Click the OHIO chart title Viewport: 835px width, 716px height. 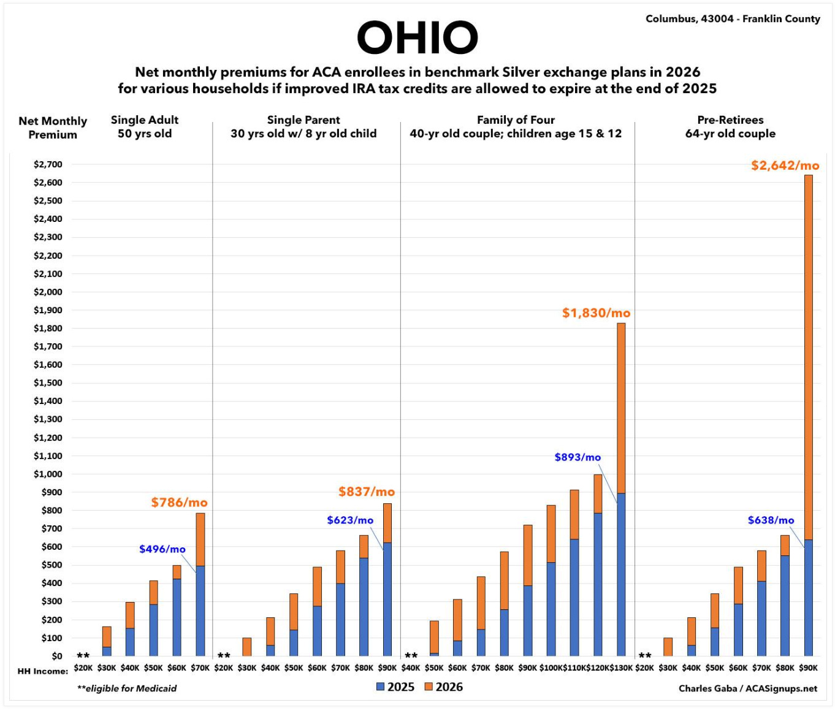point(417,37)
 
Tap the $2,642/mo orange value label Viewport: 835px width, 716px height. point(785,166)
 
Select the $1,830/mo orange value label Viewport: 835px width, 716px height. point(596,313)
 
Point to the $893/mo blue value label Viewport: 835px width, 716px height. point(578,457)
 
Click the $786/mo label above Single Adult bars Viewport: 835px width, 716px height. point(179,503)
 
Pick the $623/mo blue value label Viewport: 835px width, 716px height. point(350,520)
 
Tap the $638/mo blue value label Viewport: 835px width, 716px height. point(771,520)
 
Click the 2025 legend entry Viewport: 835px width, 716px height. point(395,687)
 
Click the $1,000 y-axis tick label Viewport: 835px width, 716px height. point(48,474)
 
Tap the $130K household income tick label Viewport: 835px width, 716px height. point(621,668)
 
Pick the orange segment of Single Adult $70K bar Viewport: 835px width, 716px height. point(200,539)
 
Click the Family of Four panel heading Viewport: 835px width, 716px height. point(516,127)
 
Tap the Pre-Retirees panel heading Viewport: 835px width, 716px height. point(730,127)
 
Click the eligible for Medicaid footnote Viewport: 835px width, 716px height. point(127,688)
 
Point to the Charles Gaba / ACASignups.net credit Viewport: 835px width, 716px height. point(747,688)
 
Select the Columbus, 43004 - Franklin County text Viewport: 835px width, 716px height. point(733,19)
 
